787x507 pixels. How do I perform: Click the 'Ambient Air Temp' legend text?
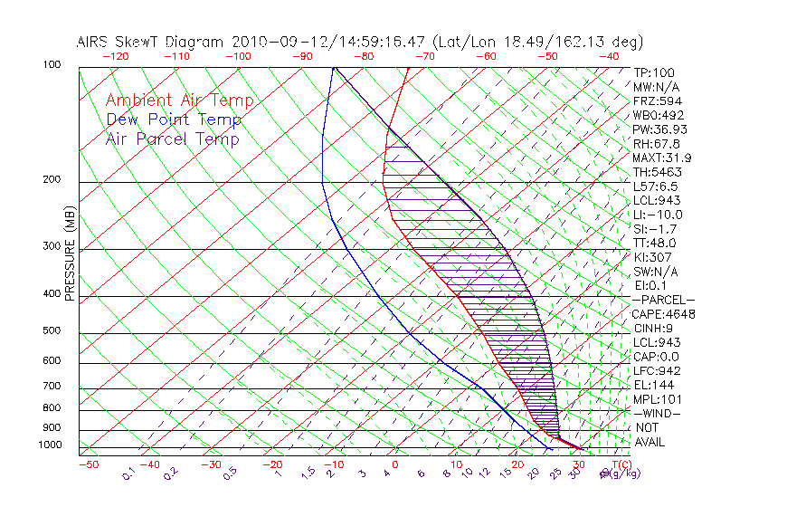pos(179,101)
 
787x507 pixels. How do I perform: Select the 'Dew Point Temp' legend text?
pos(173,120)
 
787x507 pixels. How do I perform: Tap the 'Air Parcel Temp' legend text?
pos(172,139)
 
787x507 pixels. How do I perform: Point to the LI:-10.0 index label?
pos(658,215)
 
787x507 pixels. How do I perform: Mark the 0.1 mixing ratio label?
pos(128,472)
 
